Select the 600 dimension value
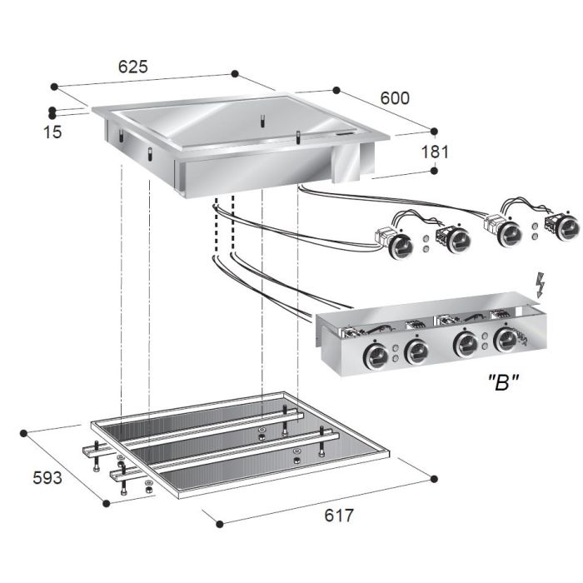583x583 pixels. point(395,97)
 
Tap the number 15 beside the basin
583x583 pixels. point(52,132)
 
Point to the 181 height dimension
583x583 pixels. point(435,152)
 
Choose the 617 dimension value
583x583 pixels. point(338,516)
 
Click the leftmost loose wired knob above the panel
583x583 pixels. point(401,243)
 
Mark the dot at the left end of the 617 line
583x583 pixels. point(218,524)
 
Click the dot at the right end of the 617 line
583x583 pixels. point(434,478)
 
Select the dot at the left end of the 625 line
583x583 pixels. point(53,85)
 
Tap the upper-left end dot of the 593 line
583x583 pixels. point(25,432)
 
